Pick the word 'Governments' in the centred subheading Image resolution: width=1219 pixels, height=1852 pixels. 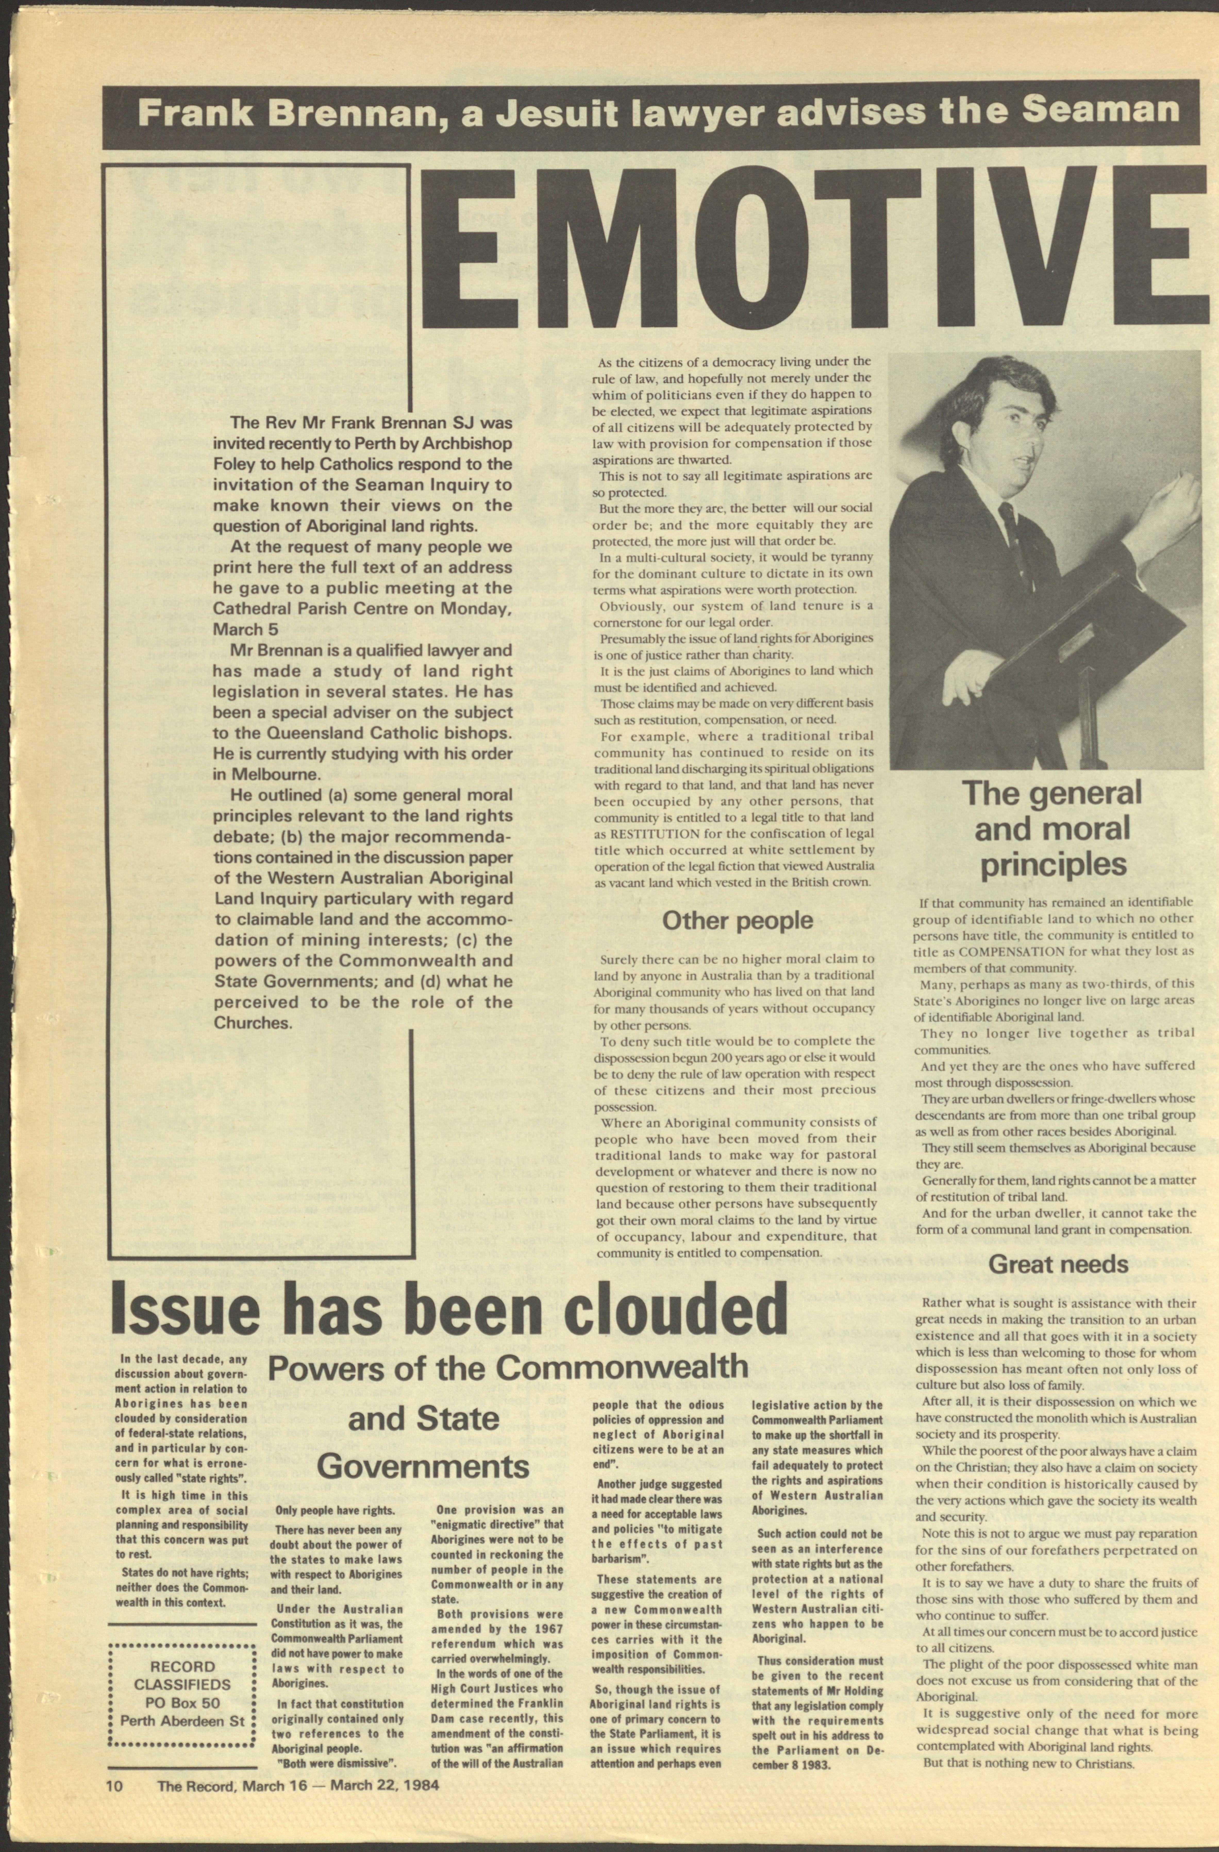click(423, 1467)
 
